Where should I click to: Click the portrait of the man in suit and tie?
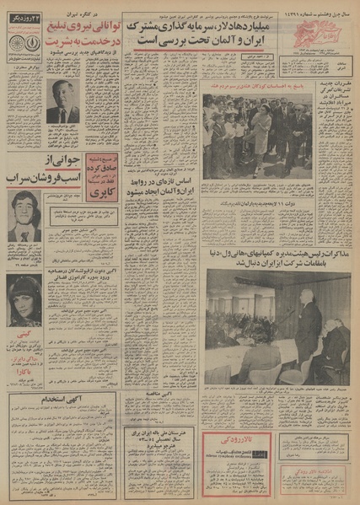62,99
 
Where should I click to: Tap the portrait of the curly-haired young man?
24,216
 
